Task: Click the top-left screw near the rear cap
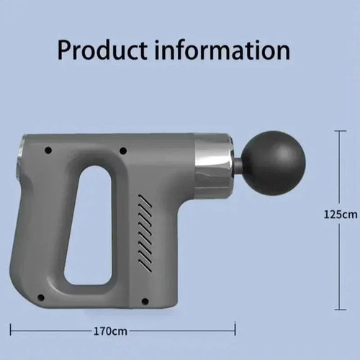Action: coord(49,151)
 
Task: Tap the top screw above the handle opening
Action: coord(124,150)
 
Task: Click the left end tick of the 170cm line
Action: coord(11,331)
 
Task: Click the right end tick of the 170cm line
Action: coord(235,331)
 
